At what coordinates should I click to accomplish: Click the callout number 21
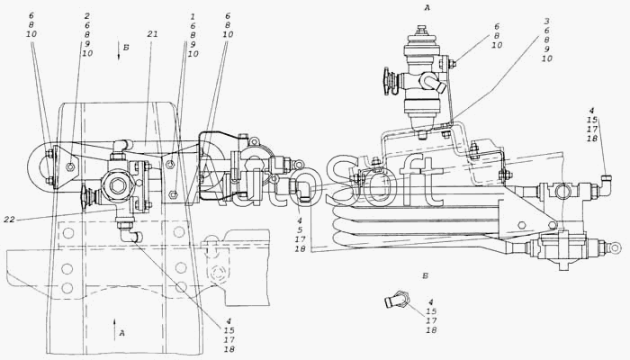[152, 34]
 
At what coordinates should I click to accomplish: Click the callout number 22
[9, 220]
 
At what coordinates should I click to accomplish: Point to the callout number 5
[300, 230]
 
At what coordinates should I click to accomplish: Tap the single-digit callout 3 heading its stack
[546, 22]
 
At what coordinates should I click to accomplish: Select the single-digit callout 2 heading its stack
[86, 16]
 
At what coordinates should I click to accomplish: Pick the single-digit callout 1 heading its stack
[193, 16]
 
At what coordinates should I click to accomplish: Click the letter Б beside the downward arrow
[126, 48]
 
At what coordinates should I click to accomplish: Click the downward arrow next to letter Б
[119, 50]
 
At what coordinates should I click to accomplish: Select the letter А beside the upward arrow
[122, 333]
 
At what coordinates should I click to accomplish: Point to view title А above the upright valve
[427, 7]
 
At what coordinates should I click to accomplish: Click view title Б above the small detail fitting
[425, 276]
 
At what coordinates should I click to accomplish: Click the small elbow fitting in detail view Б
[397, 300]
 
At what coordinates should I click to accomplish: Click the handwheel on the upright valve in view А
[387, 82]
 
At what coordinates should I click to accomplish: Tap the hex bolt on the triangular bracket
[71, 166]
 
